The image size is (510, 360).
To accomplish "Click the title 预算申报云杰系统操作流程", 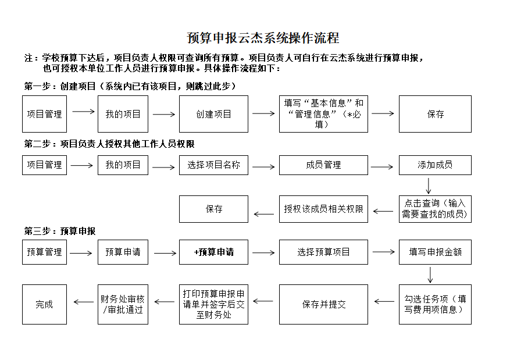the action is (263, 38).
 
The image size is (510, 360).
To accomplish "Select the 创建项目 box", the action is (213, 114).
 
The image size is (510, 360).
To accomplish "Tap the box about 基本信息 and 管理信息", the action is (323, 114).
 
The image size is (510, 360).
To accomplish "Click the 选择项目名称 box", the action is (213, 165).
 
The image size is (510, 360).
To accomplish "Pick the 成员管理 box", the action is (323, 165).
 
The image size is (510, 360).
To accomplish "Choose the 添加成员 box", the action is (435, 165).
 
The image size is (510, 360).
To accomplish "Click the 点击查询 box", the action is (435, 209).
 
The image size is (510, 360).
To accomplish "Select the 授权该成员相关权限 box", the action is (323, 209).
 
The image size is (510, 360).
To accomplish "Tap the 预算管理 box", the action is (44, 252).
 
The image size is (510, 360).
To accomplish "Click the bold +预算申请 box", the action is (213, 252).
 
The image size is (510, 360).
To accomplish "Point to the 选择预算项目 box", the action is (323, 252).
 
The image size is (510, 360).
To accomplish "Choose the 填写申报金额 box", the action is (435, 252).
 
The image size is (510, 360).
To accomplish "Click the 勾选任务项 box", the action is (435, 304).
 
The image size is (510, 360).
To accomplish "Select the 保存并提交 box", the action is (323, 304).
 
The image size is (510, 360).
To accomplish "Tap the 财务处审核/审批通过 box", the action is (123, 304).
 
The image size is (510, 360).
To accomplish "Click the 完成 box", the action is (44, 304).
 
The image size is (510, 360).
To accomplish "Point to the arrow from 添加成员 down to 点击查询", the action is (429, 186).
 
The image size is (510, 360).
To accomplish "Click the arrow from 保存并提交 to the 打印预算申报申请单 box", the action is (263, 301).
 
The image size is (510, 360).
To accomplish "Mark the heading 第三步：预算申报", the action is (60, 231).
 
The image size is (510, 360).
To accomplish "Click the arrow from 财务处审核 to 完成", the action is (84, 302).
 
